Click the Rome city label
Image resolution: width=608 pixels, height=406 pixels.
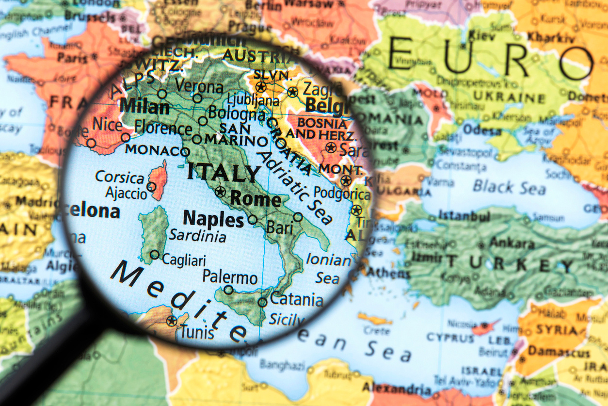[x=256, y=199]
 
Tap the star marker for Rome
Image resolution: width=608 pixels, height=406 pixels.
[x=221, y=191]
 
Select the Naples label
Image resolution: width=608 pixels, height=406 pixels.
[x=213, y=220]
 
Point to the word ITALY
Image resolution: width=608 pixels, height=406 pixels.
[x=224, y=173]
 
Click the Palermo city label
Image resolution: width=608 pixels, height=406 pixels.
[x=230, y=277]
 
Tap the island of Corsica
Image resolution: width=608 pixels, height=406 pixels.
[x=158, y=181]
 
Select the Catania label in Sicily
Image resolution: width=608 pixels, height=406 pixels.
[x=296, y=299]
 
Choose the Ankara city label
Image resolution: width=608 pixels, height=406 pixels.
[x=512, y=243]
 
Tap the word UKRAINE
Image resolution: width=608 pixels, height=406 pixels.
[x=509, y=97]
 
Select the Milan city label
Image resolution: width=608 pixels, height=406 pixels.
[x=144, y=106]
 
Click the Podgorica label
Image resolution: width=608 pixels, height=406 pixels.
[x=342, y=193]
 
